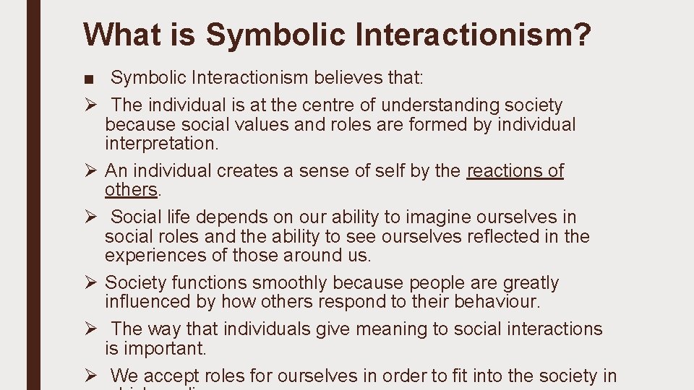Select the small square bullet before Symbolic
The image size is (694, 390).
pos(87,78)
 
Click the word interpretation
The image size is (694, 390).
pos(160,143)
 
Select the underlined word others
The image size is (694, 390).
pos(131,189)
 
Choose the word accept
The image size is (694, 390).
pos(173,376)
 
